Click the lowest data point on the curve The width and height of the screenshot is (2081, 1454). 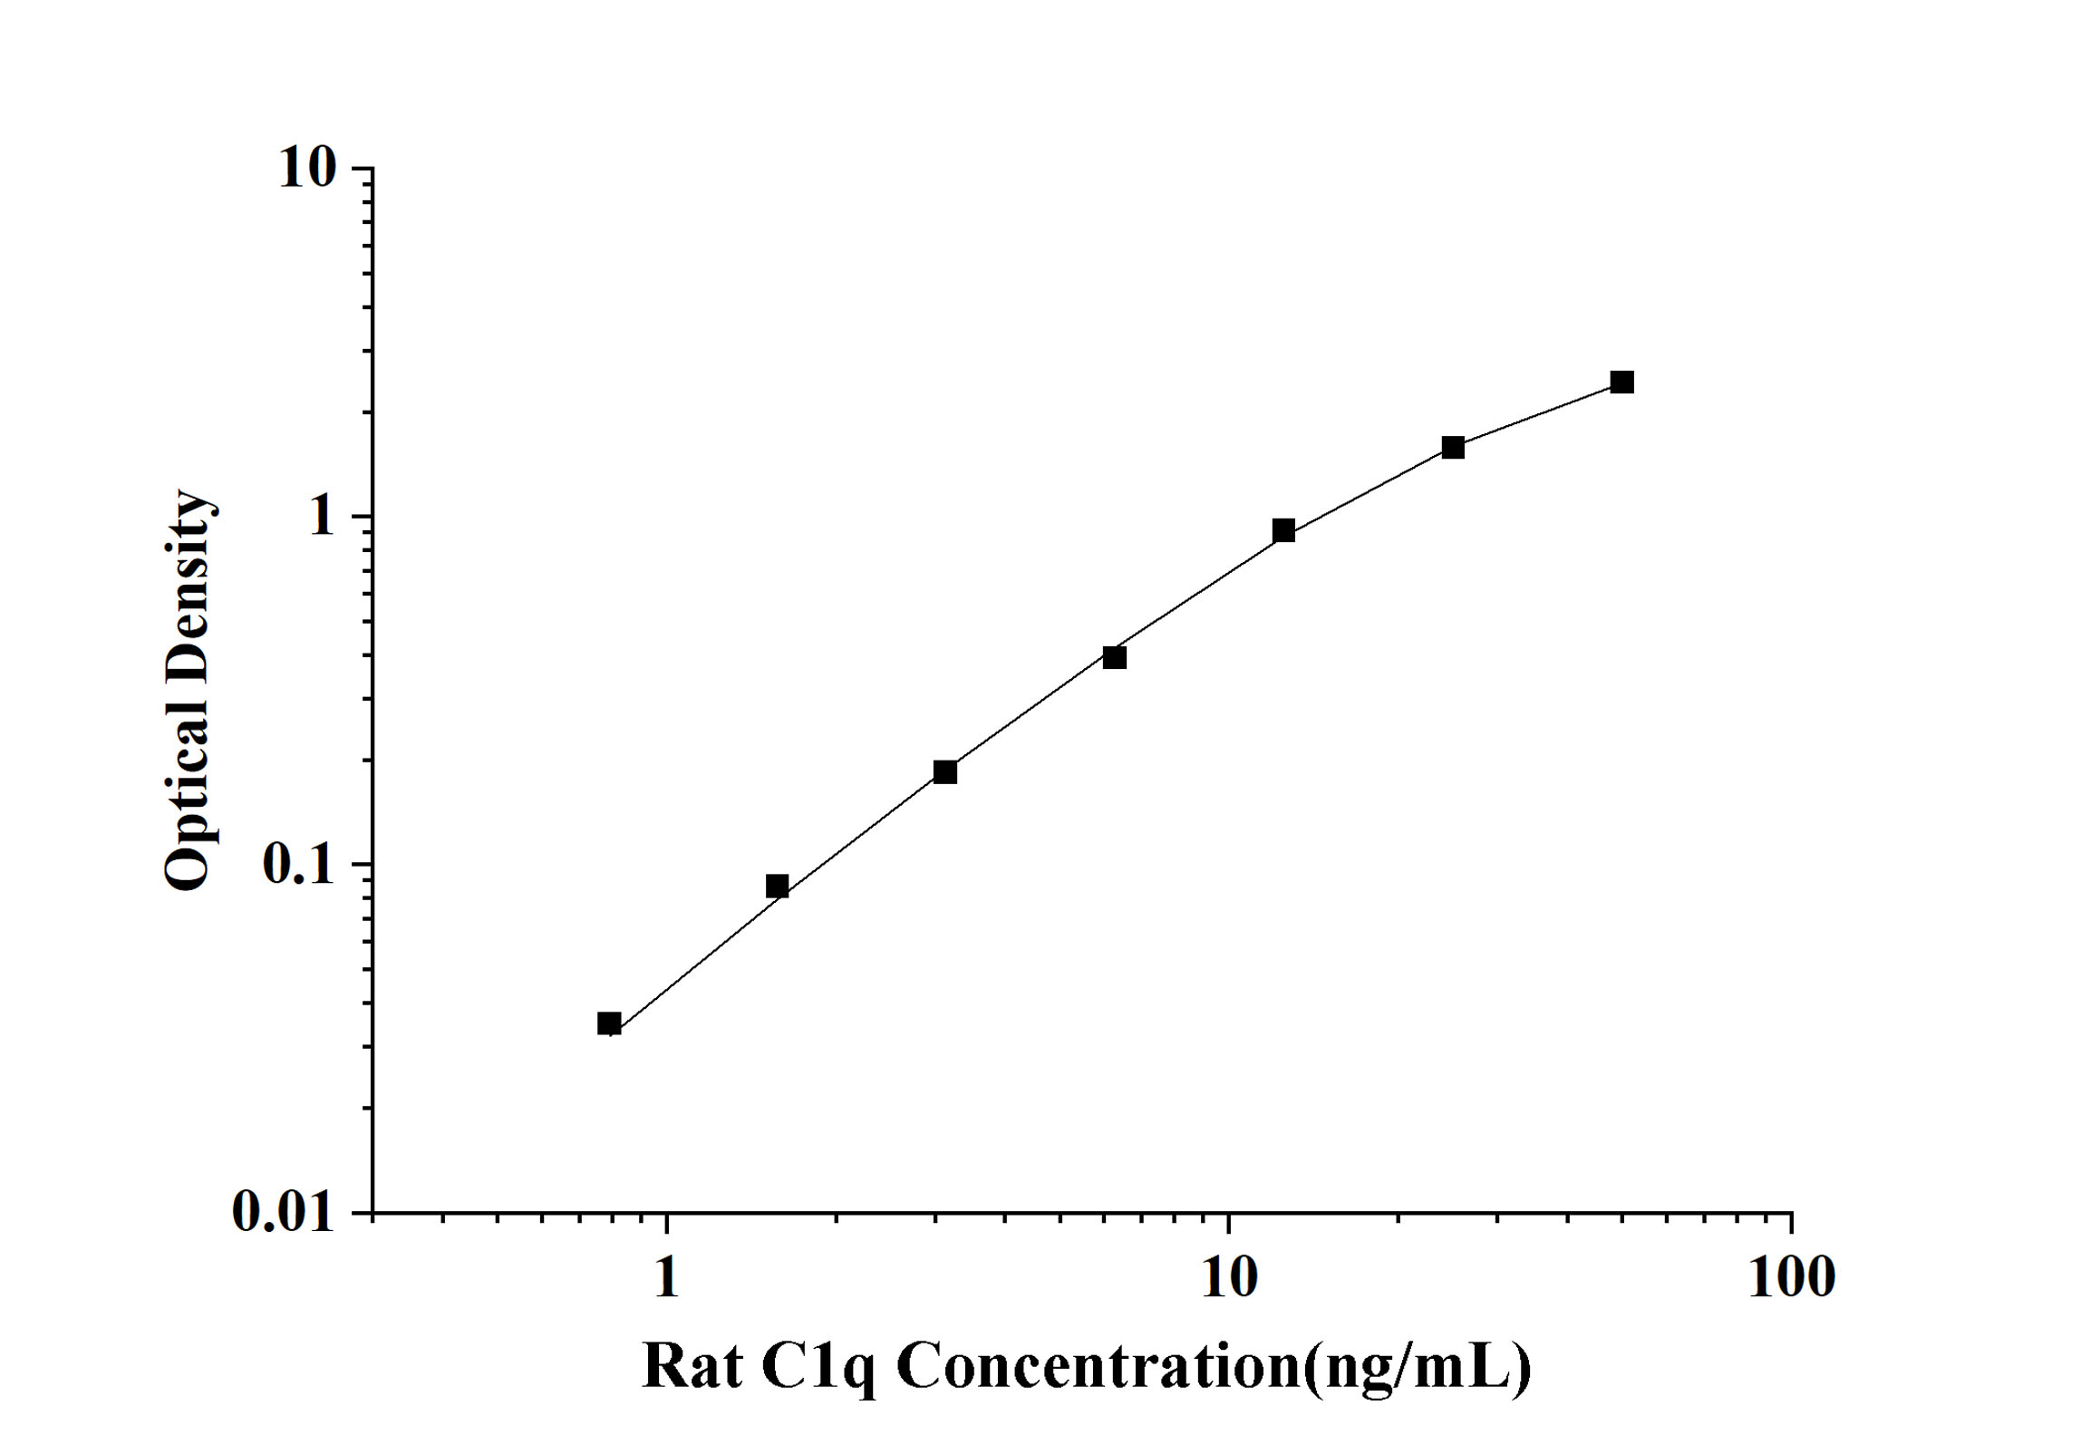pos(609,1023)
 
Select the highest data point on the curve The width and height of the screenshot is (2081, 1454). pos(1621,382)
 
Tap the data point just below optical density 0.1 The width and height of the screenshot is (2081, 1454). pos(777,886)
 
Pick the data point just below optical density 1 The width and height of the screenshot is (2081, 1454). pos(1283,530)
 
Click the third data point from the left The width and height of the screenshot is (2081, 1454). pos(945,771)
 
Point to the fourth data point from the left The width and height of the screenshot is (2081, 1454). pos(1114,657)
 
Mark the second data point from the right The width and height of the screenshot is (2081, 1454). pos(1453,447)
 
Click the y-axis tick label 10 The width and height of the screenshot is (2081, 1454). pos(307,169)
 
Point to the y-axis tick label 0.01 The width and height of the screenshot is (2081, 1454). pos(284,1211)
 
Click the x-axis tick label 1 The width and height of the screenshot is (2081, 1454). pos(667,1278)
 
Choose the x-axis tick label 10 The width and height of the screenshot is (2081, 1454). pos(1229,1278)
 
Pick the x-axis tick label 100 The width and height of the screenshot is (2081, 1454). pos(1791,1278)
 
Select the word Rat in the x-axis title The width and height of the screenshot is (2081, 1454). pos(692,1367)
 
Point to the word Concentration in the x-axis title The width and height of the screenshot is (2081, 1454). pos(1099,1367)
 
